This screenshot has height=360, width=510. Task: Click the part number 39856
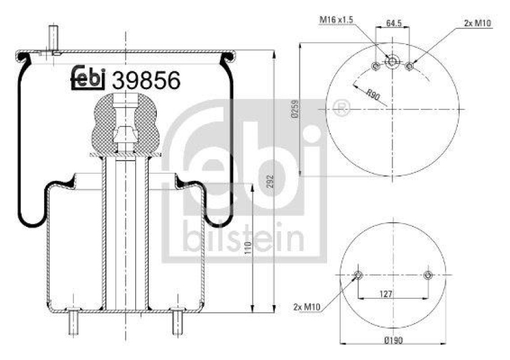click(146, 81)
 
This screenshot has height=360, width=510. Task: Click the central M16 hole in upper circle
click(393, 62)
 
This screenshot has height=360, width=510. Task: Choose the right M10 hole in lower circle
click(428, 275)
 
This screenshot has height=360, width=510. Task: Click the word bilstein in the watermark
click(242, 241)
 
